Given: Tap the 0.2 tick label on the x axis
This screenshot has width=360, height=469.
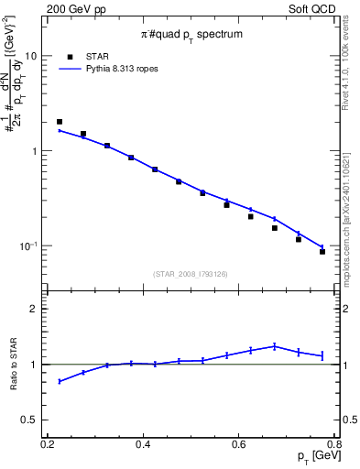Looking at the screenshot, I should [48, 444].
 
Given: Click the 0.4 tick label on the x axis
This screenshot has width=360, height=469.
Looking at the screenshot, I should [143, 444].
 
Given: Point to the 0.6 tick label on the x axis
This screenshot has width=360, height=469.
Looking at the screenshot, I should [239, 444].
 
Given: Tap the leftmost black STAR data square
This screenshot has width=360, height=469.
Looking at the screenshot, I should [60, 122].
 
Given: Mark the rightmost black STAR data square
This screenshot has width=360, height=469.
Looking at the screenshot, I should [322, 251].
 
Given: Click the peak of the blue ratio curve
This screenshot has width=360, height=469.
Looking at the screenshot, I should [275, 345].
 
